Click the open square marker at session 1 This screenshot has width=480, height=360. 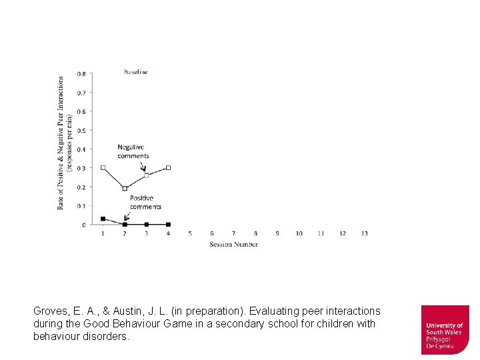pyautogui.click(x=103, y=168)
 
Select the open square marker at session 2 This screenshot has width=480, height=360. pyautogui.click(x=125, y=189)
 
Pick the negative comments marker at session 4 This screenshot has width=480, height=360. pyautogui.click(x=169, y=168)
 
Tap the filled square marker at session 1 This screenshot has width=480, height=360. pyautogui.click(x=103, y=219)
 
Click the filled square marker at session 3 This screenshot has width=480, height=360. pyautogui.click(x=147, y=225)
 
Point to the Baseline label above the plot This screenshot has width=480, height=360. pyautogui.click(x=135, y=72)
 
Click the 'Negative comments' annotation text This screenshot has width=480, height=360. pyautogui.click(x=133, y=151)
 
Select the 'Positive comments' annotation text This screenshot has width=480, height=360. pyautogui.click(x=145, y=203)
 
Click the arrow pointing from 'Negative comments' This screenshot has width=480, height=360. pyautogui.click(x=143, y=166)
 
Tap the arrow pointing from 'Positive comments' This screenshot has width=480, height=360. pyautogui.click(x=127, y=216)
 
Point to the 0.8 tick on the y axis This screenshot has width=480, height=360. pyautogui.click(x=81, y=74)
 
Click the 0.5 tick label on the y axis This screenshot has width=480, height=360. pyautogui.click(x=81, y=131)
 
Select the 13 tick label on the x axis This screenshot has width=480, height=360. pyautogui.click(x=364, y=233)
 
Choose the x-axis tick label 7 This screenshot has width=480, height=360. pyautogui.click(x=233, y=233)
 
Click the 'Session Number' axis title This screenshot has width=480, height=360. pyautogui.click(x=233, y=244)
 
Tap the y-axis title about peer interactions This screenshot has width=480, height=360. pyautogui.click(x=64, y=143)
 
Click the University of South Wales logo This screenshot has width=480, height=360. pyautogui.click(x=445, y=329)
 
